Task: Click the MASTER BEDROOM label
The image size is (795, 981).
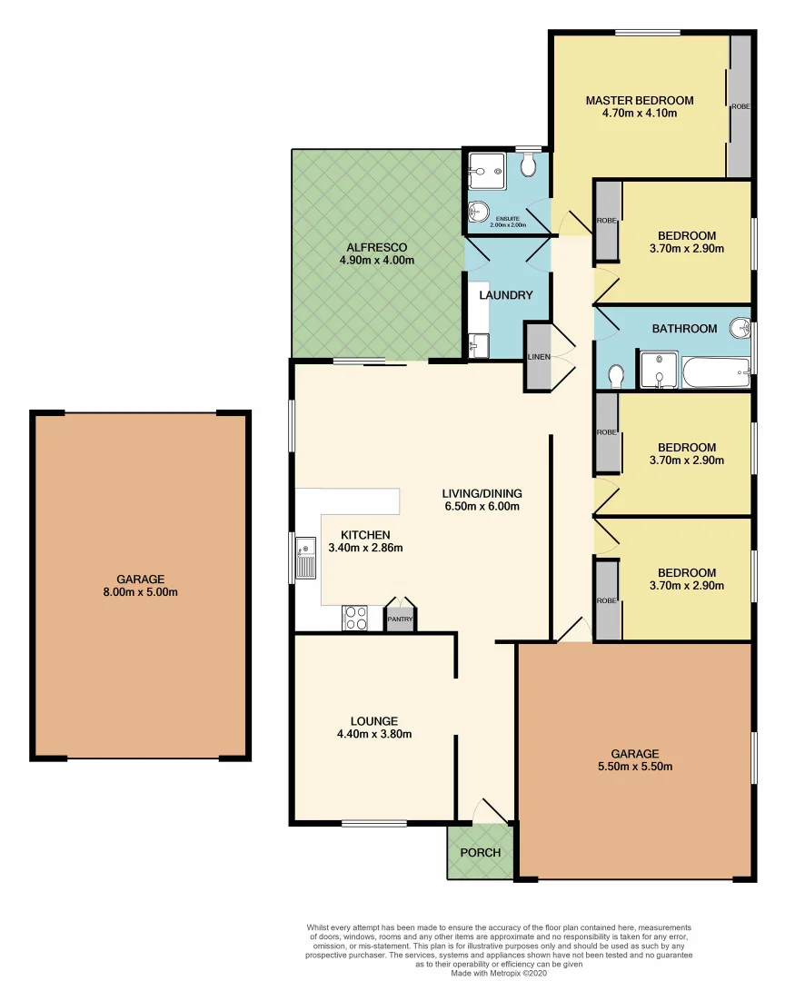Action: [x=639, y=101]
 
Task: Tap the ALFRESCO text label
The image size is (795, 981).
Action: [x=375, y=247]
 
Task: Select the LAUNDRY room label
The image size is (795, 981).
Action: [x=506, y=295]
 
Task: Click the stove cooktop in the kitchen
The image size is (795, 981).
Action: [x=354, y=618]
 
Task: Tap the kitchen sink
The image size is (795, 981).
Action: [x=305, y=558]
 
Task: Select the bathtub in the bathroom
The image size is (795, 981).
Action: [x=715, y=372]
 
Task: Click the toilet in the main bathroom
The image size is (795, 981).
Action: [x=617, y=374]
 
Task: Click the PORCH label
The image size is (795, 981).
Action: [x=480, y=852]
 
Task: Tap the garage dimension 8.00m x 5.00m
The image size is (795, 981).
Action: [x=140, y=592]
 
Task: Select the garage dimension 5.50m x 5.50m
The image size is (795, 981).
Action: [x=635, y=766]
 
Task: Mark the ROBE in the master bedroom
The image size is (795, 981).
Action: [x=740, y=106]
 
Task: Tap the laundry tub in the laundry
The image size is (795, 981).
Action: [x=478, y=344]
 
